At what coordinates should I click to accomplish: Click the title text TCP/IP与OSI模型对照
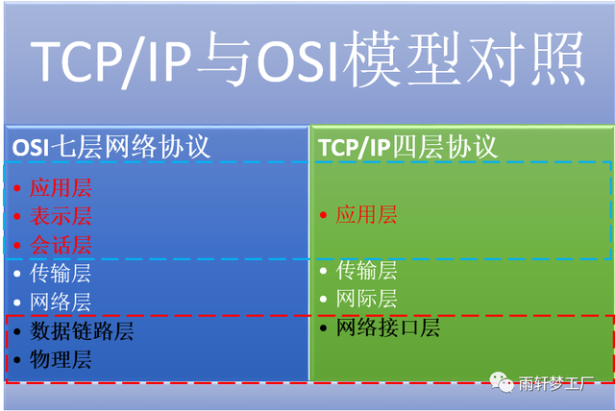tap(307, 60)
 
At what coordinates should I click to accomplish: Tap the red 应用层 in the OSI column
tap(61, 187)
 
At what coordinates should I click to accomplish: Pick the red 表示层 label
tap(61, 216)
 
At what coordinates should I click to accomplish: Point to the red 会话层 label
tap(61, 245)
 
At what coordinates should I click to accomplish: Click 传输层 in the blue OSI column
tap(61, 274)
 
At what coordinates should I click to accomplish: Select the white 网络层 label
tap(61, 303)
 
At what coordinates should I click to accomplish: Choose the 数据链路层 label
tap(82, 332)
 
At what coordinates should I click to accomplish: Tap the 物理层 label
tap(61, 361)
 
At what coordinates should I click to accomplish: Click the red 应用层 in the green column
tap(366, 215)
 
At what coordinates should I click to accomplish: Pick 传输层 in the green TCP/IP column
tap(366, 271)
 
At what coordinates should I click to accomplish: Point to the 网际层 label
tap(366, 300)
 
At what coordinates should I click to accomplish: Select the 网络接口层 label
tap(387, 328)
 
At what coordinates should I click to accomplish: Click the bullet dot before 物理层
tap(16, 362)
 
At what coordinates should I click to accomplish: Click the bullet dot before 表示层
tap(16, 217)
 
